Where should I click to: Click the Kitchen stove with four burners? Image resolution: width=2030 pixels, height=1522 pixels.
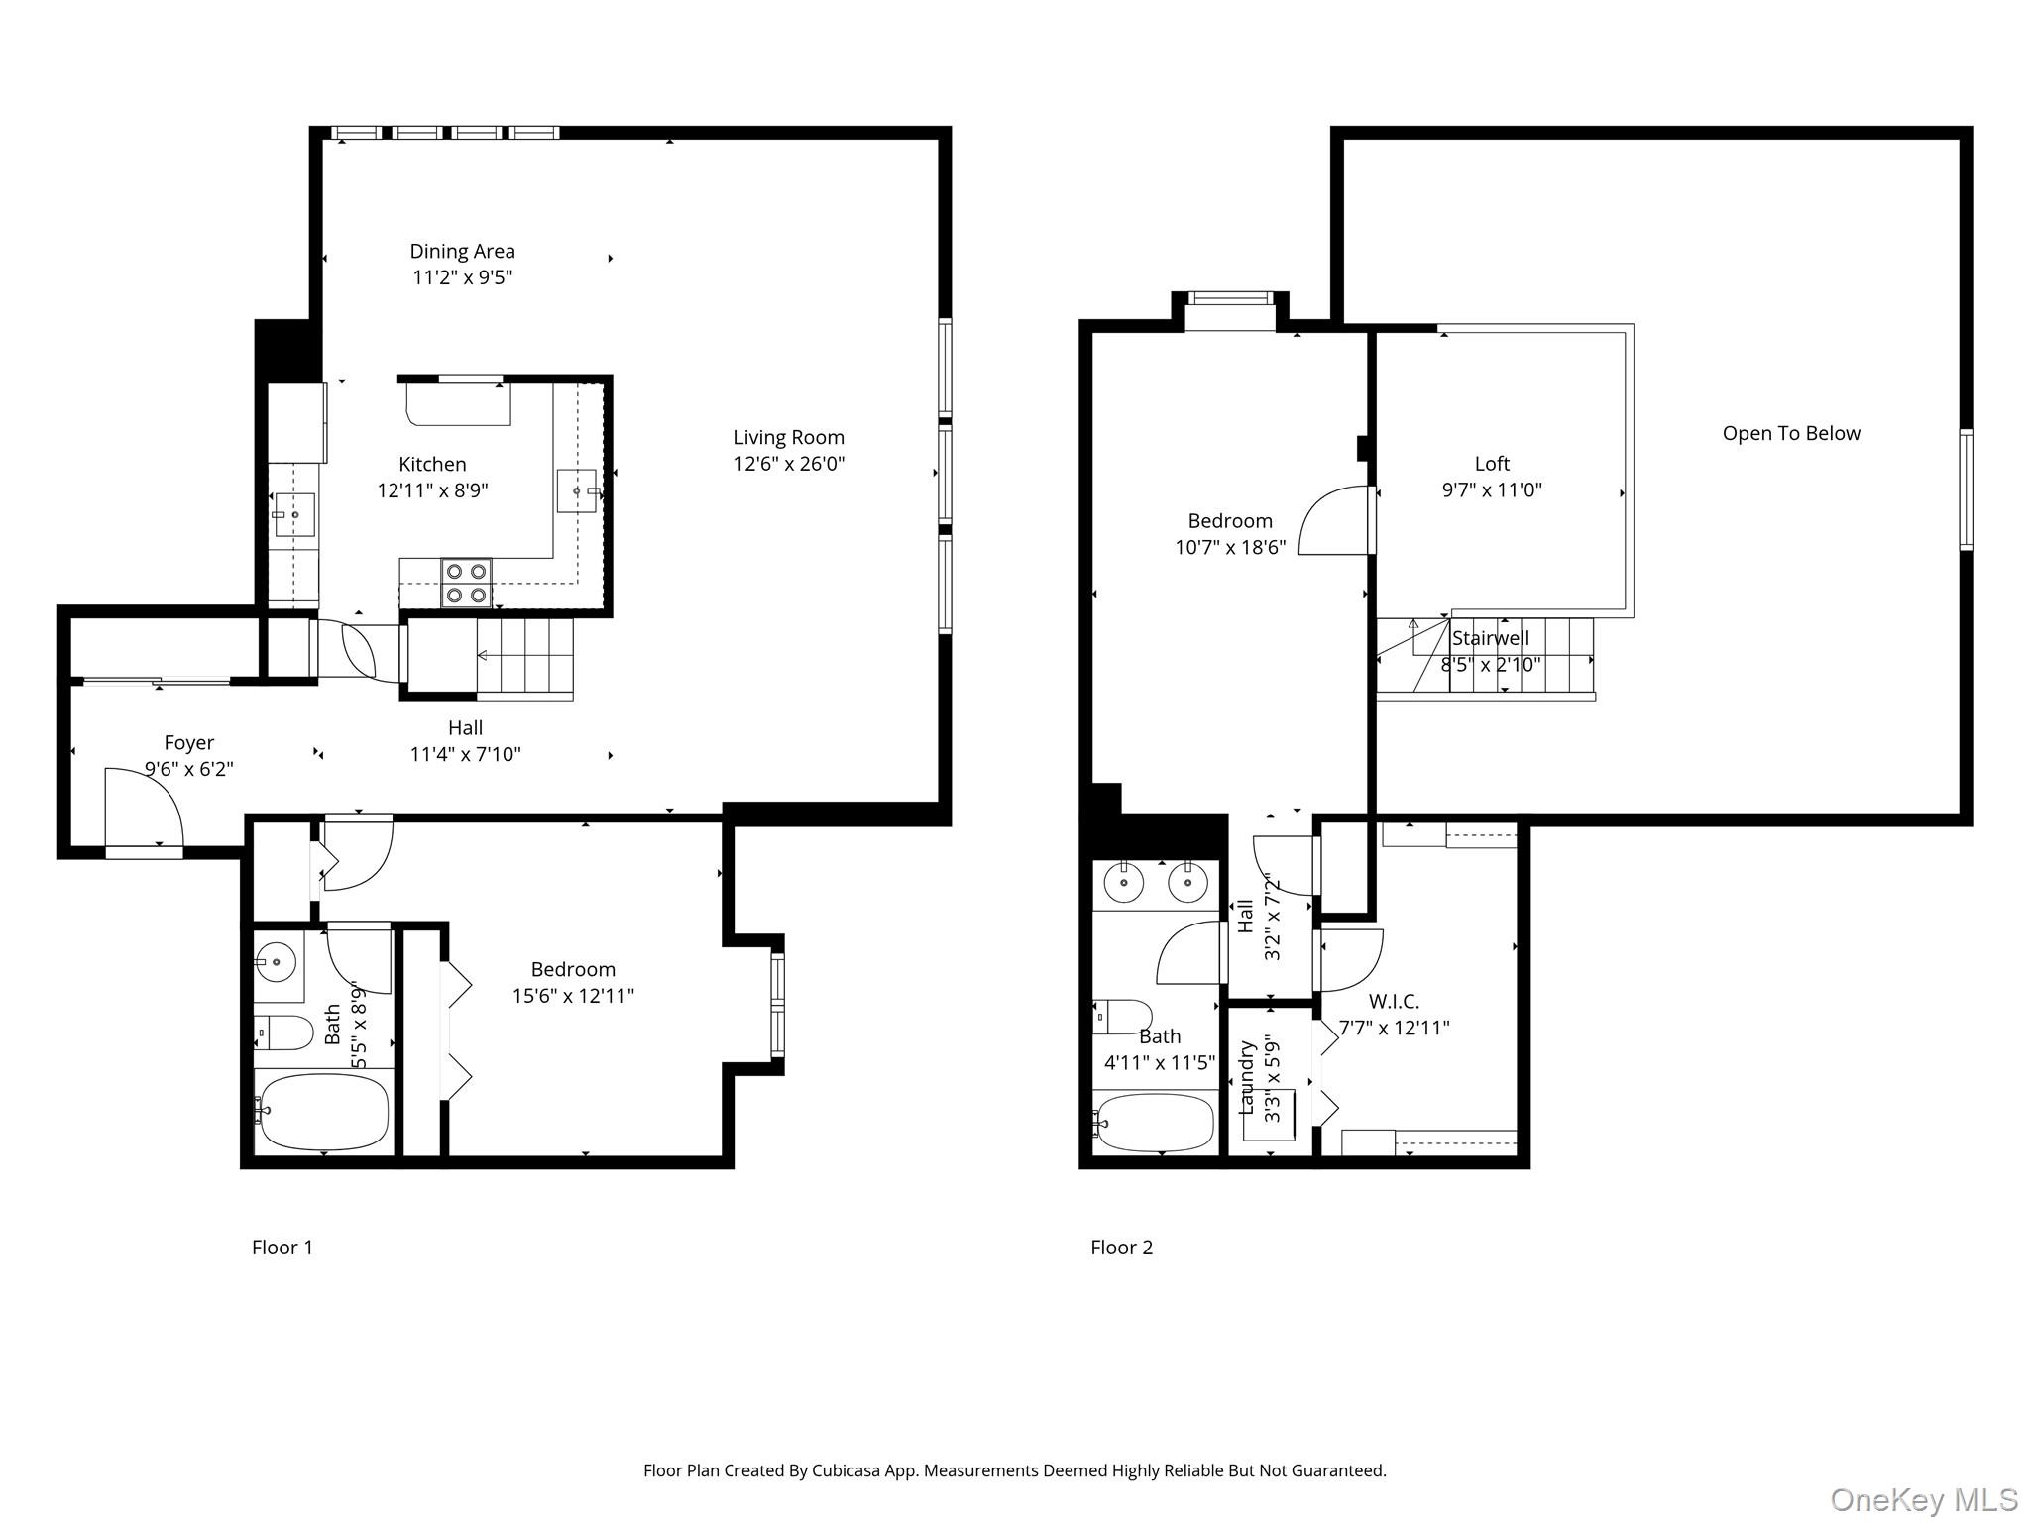[466, 584]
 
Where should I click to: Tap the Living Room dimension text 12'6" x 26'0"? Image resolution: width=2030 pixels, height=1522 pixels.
[789, 464]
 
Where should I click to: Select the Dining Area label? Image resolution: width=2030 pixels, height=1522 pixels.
[462, 252]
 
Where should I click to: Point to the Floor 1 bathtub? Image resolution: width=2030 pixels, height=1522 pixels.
[322, 1112]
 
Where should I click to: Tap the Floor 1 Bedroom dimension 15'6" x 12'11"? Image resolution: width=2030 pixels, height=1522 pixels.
[573, 996]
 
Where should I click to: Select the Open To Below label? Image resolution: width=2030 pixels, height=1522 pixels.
[1791, 433]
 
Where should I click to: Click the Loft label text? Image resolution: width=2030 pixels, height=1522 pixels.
[1492, 464]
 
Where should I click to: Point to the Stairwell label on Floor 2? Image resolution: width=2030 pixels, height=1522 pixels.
[1491, 639]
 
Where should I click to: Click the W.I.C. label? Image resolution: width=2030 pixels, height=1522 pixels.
[1394, 1002]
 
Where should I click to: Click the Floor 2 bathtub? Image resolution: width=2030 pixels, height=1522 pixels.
[1156, 1123]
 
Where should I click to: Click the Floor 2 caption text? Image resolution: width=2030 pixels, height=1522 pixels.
[1121, 1248]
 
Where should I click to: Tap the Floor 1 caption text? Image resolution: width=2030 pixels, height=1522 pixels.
[282, 1248]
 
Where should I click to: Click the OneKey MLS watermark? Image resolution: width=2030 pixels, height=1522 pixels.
[1923, 1499]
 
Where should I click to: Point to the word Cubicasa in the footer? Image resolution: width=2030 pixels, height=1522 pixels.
[847, 1470]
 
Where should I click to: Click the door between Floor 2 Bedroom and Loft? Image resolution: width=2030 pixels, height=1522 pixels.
[1336, 519]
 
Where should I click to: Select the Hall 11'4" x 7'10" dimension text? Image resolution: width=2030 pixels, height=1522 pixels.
[465, 754]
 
